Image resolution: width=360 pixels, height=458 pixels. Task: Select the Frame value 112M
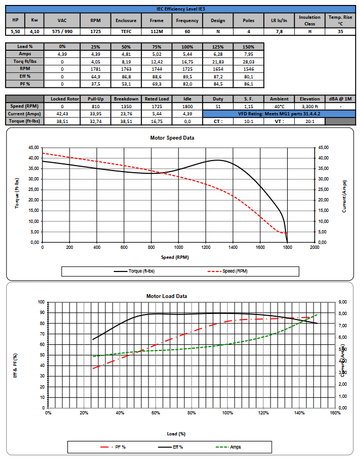point(152,31)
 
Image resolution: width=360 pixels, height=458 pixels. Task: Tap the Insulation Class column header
point(309,20)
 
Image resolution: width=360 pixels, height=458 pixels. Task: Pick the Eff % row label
point(25,77)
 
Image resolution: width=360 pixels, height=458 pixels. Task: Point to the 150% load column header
point(248,47)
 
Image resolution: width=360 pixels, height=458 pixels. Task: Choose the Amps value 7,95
point(248,54)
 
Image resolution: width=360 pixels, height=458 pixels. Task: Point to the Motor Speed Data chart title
point(172,138)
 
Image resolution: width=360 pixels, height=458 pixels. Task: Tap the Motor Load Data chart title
point(167,296)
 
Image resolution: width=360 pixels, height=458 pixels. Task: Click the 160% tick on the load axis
point(335,413)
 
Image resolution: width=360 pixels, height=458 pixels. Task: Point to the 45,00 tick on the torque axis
point(32,147)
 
